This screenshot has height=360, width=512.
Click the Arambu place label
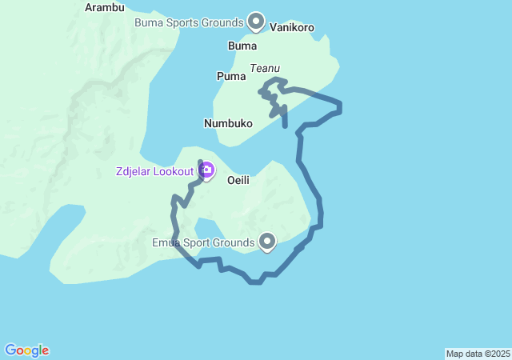click(x=105, y=8)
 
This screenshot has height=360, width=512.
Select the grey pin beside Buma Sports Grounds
click(x=256, y=20)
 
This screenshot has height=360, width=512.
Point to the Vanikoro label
click(x=292, y=27)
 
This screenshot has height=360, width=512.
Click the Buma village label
click(x=242, y=46)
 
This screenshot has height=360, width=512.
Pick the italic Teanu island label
click(x=264, y=69)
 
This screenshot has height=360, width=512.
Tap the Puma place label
click(x=231, y=76)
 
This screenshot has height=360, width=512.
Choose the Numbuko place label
click(x=228, y=123)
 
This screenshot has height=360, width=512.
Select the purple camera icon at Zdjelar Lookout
click(x=206, y=170)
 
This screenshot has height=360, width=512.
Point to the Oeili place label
click(x=238, y=180)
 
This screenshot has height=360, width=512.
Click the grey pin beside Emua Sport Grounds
click(x=267, y=240)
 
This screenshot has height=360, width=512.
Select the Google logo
click(x=27, y=350)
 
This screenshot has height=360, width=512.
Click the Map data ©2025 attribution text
click(x=478, y=354)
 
